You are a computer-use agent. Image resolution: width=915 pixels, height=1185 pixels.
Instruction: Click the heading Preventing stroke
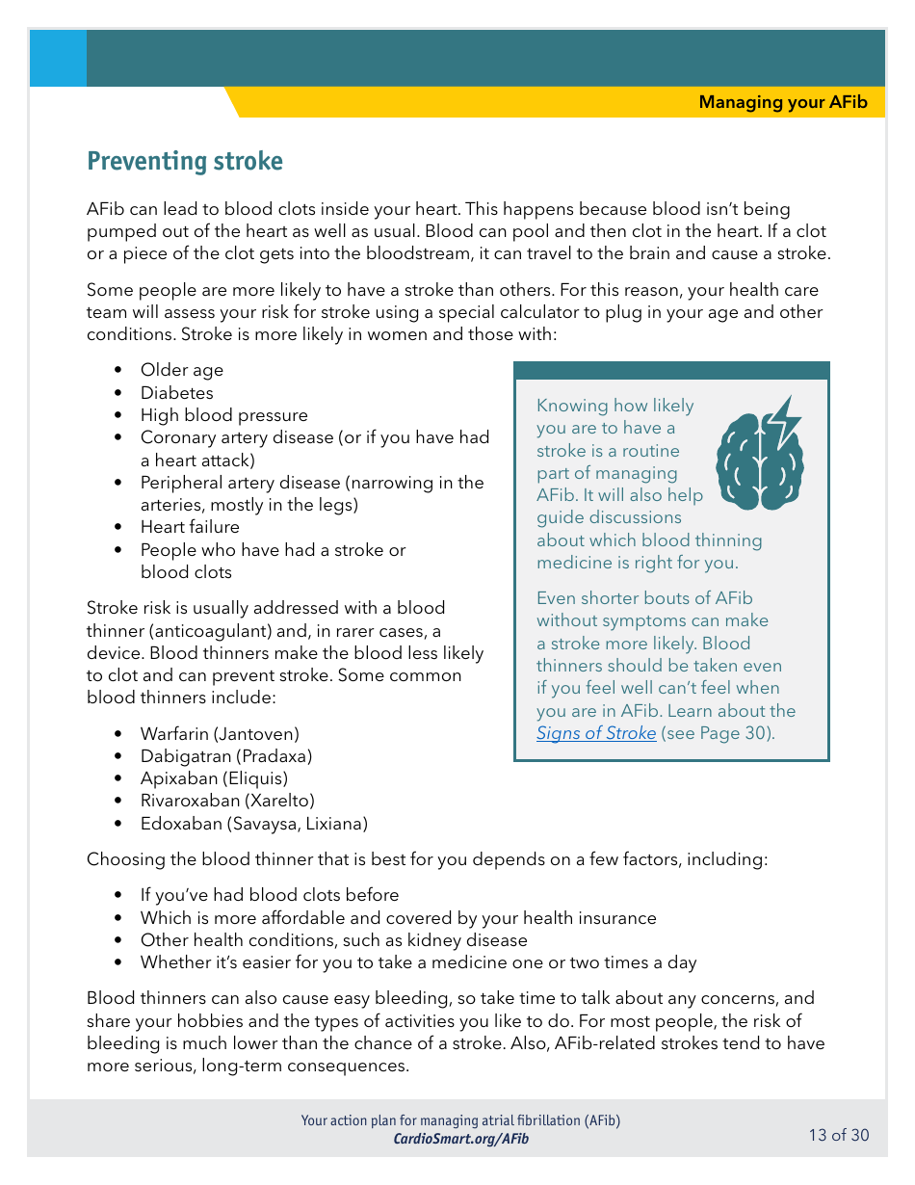tap(185, 161)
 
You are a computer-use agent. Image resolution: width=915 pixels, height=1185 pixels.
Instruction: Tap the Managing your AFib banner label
tap(782, 102)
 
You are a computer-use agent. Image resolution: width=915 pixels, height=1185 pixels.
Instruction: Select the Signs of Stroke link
tap(596, 733)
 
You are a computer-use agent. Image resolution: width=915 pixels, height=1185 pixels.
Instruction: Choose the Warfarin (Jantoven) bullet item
tap(220, 734)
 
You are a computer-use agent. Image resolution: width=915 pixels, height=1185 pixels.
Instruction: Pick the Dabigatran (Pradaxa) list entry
tap(226, 756)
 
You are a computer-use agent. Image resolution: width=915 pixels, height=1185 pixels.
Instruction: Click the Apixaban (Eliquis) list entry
tap(214, 778)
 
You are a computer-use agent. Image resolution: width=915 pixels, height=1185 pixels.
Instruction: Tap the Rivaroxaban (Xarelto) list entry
tap(227, 801)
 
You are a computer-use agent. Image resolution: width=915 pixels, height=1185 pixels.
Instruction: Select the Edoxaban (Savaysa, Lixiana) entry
tap(254, 824)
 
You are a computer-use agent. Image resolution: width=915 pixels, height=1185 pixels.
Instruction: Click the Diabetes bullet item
tap(177, 393)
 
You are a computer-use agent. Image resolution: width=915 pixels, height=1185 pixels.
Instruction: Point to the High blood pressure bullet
tap(224, 415)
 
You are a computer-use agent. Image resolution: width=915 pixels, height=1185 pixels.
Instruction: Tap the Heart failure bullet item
tap(190, 527)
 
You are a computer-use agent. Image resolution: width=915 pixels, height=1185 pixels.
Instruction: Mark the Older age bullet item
tap(182, 370)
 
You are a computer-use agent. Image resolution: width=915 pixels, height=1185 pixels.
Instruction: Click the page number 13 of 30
tap(838, 1135)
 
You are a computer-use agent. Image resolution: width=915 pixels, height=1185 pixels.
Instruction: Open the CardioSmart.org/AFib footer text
tap(460, 1139)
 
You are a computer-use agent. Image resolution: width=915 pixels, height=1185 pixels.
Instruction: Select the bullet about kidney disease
tap(333, 940)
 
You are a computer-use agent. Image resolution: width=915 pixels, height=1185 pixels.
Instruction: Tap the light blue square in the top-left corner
tap(58, 58)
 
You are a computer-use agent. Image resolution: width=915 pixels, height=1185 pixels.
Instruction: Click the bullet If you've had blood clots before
tap(270, 895)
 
